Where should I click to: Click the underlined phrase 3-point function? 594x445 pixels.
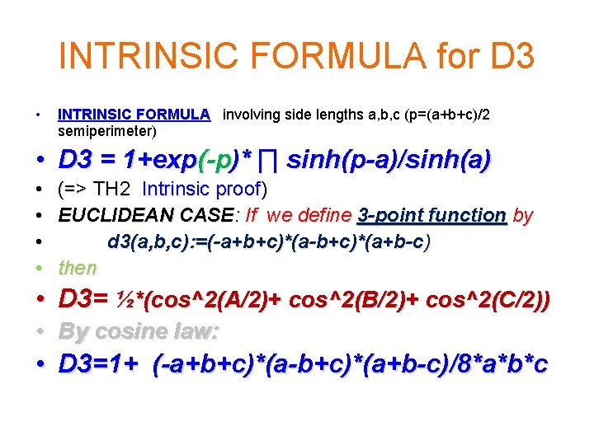click(x=431, y=216)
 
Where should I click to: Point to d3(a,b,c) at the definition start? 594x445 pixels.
click(x=148, y=242)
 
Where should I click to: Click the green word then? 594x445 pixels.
click(x=77, y=268)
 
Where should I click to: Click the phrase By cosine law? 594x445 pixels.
click(x=138, y=331)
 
